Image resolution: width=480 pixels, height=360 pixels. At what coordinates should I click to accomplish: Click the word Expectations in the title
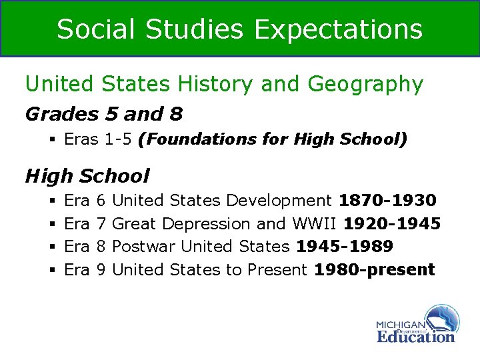[x=339, y=29]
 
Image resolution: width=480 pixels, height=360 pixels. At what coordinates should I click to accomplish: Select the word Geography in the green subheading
[x=365, y=84]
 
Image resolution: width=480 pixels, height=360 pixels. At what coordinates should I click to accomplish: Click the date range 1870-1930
[x=387, y=200]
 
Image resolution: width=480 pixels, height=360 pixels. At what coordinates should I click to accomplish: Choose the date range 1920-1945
[x=392, y=223]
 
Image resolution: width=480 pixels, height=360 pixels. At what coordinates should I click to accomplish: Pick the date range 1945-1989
[x=344, y=247]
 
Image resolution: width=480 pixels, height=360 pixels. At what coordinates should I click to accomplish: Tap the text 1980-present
[x=374, y=269]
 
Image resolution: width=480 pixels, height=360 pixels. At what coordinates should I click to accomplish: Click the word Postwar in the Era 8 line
[x=144, y=247]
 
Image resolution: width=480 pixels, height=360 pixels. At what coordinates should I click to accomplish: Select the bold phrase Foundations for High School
[x=272, y=139]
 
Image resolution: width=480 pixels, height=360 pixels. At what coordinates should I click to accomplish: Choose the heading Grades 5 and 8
[x=103, y=114]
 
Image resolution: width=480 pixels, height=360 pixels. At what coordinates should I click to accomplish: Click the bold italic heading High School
[x=87, y=176]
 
